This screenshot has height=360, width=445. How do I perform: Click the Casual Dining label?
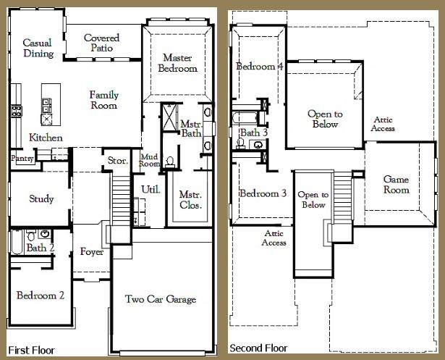38,48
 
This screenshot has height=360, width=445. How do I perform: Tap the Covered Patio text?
101,43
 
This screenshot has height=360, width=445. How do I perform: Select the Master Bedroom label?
178,63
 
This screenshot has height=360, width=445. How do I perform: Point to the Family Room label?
104,100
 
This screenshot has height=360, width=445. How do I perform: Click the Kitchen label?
46,138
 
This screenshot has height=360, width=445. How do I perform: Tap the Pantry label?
22,158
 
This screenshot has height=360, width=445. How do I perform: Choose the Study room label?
41,198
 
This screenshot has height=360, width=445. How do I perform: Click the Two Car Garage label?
161,299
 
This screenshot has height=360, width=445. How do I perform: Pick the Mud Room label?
149,160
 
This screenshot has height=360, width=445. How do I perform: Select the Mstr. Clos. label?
191,199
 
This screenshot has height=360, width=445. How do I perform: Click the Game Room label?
397,185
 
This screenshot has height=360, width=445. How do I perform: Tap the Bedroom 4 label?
260,67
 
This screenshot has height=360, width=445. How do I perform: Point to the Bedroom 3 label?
263,193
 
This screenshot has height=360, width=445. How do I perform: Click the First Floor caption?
31,350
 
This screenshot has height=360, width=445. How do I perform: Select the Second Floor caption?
258,348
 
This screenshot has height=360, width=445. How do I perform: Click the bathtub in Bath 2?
17,242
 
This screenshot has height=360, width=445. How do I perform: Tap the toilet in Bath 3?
241,143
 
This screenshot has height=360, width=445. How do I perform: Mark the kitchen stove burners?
17,111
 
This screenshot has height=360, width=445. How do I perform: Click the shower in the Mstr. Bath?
169,117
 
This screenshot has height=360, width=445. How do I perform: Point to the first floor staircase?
121,201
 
